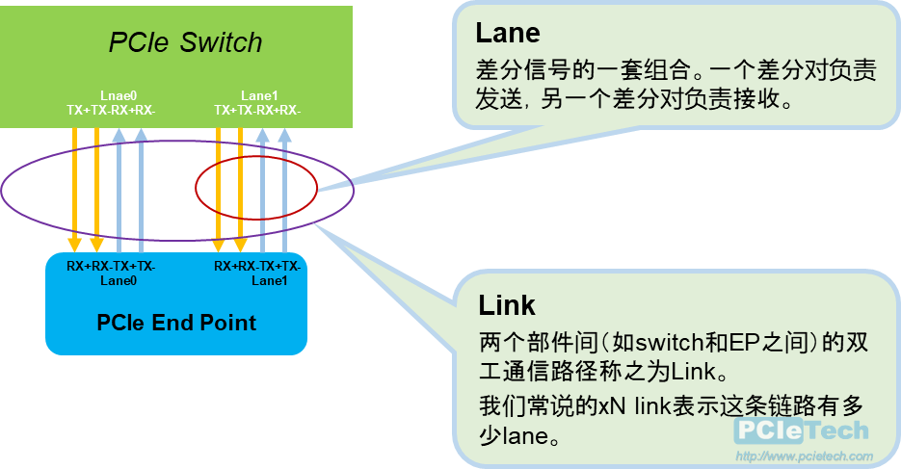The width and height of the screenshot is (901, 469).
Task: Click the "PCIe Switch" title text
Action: (185, 42)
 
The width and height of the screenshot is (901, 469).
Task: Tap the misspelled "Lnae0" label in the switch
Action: (119, 95)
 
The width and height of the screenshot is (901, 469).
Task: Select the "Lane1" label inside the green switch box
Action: (259, 95)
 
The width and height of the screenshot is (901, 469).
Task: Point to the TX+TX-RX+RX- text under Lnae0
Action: (111, 111)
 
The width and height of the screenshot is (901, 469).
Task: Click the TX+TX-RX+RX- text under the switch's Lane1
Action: (257, 111)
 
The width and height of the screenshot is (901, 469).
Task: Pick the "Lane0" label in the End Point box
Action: (119, 280)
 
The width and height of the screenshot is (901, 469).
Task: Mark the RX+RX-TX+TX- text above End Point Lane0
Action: (111, 266)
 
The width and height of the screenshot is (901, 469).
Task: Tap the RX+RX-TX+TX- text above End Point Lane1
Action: (257, 266)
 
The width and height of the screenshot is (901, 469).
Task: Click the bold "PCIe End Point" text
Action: (176, 322)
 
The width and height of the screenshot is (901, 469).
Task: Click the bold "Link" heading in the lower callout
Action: (507, 305)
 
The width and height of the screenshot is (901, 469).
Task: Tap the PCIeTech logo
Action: (801, 430)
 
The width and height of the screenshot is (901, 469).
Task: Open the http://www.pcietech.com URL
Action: (804, 456)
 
